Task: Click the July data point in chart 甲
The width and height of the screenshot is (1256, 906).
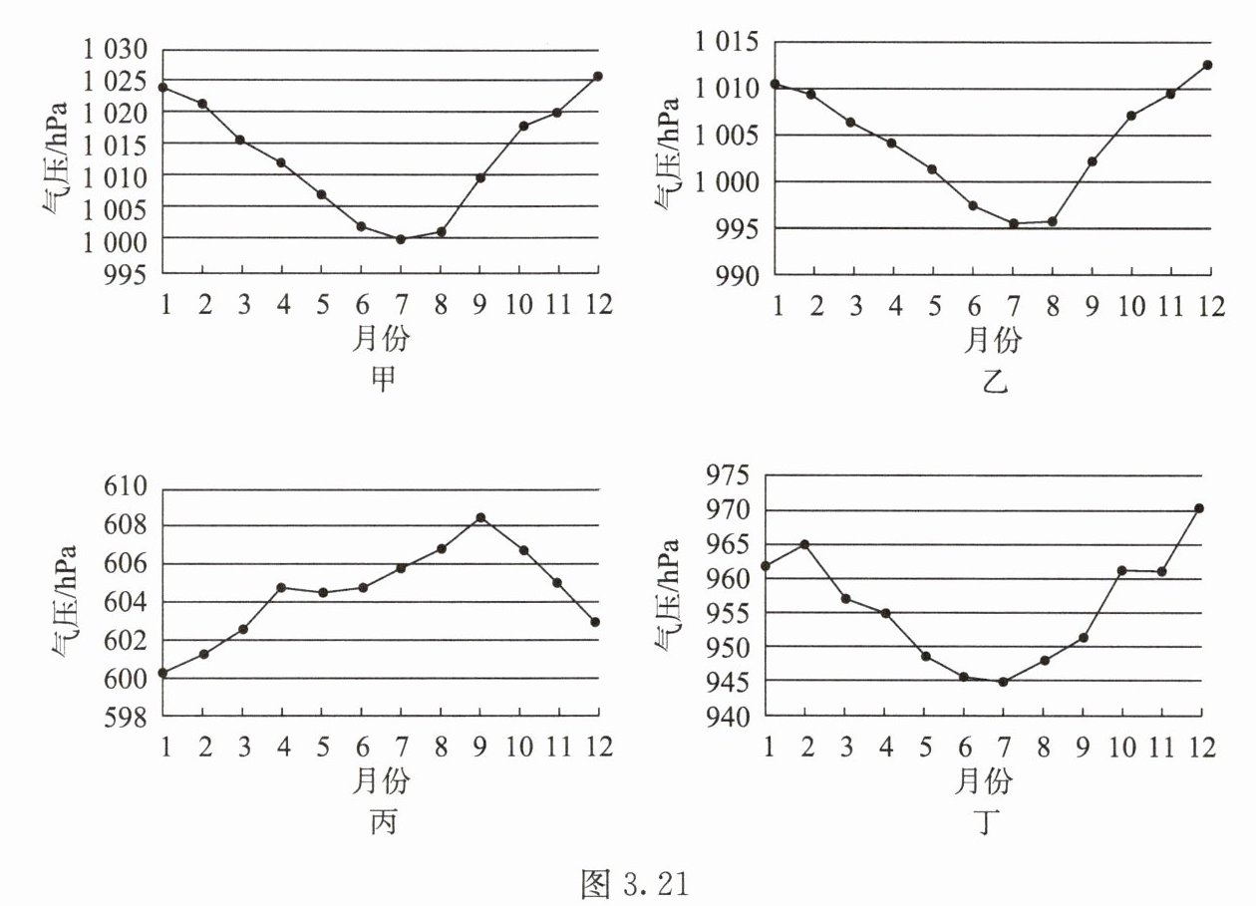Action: tap(401, 239)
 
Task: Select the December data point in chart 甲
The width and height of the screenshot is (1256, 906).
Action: tap(598, 76)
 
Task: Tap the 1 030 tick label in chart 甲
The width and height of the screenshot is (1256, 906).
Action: tap(113, 49)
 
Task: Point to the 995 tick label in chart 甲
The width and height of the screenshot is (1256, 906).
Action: tap(128, 271)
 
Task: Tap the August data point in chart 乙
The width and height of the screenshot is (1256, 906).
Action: tap(1052, 221)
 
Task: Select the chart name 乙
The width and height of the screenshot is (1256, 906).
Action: tap(993, 380)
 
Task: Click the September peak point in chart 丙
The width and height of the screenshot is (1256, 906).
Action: tap(480, 517)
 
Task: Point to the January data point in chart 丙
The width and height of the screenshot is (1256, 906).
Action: tap(163, 673)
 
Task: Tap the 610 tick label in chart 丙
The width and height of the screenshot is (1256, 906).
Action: tap(128, 488)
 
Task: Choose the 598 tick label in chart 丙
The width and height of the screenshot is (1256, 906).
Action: tap(128, 716)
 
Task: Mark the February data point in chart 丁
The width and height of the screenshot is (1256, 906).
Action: tap(804, 544)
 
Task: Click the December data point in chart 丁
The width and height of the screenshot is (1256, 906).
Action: tap(1200, 508)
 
